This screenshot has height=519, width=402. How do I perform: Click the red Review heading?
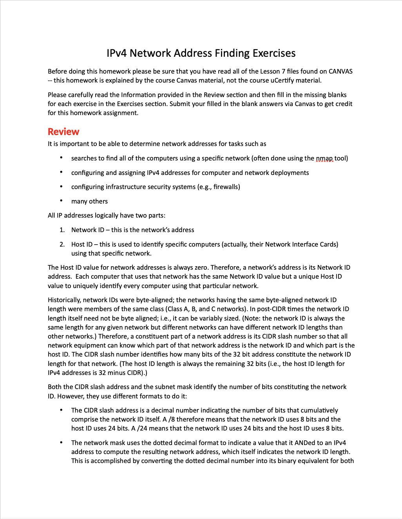coord(63,132)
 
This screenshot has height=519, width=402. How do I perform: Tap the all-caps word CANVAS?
coord(340,71)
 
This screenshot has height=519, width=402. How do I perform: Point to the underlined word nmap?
coord(324,158)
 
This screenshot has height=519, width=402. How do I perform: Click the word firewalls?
coord(226,187)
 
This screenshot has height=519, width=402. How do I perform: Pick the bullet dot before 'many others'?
coord(61,201)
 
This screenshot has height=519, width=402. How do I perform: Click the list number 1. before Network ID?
coord(62,230)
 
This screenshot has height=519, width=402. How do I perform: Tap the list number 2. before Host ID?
coord(62,244)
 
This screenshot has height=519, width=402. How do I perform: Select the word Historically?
coord(64,300)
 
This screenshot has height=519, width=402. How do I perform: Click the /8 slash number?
coord(171,419)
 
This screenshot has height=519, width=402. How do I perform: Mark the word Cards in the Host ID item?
coord(328,244)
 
